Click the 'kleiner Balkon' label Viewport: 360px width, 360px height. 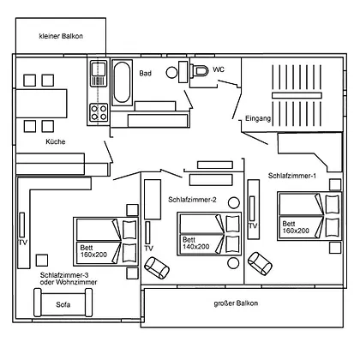[61, 36]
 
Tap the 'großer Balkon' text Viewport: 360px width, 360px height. [236, 303]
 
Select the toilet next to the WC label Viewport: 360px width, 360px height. [199, 70]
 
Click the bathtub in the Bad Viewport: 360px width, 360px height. [122, 82]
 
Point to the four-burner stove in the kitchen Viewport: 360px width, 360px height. [99, 112]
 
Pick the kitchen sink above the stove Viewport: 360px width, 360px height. [99, 74]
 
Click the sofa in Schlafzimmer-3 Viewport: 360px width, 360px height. [63, 303]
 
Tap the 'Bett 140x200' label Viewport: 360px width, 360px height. [196, 243]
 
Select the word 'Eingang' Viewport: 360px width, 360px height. [258, 118]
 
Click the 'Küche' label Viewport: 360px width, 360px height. [56, 141]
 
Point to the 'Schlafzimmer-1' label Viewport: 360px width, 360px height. [292, 176]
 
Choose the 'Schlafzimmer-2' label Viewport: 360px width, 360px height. [192, 200]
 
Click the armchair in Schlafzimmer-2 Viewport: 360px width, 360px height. [157, 267]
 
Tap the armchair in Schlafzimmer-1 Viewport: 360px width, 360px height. [260, 263]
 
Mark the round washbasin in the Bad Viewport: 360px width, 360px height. [171, 73]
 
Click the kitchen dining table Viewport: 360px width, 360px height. [41, 104]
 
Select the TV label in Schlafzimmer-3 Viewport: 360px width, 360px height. [23, 243]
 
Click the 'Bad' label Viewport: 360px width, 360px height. [145, 74]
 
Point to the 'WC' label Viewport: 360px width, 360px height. [219, 69]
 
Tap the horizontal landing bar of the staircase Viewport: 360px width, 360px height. [297, 95]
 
